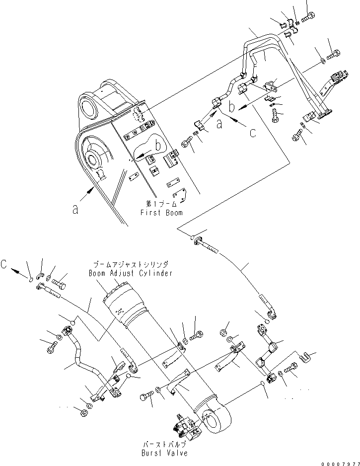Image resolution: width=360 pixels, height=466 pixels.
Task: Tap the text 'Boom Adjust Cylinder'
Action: coord(131,273)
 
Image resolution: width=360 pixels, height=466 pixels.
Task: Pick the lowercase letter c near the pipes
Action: coord(253,133)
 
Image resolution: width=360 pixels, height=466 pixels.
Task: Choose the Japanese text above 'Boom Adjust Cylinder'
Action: coord(131,265)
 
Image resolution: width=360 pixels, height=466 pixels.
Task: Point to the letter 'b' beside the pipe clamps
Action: coord(232,106)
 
